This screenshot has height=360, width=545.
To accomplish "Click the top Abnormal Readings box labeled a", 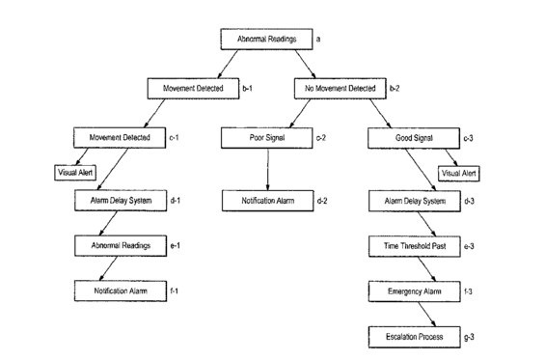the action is (266, 40).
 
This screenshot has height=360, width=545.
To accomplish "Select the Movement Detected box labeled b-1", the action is (193, 89).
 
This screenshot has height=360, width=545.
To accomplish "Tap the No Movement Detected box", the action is (341, 89).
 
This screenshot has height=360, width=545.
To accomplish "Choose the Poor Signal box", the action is (267, 138).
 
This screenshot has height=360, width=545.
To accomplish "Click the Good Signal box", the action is (414, 138).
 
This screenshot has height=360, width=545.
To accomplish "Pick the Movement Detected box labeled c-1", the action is (120, 138).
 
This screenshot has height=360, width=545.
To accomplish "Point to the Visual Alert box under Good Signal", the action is (459, 174).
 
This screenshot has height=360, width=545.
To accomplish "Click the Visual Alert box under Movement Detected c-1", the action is (75, 173).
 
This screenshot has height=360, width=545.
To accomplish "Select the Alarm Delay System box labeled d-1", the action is (121, 201).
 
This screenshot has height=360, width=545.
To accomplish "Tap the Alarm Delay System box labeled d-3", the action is (415, 202).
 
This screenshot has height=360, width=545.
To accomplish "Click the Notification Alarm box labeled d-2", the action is (268, 201).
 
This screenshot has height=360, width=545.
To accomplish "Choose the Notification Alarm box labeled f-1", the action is (121, 291).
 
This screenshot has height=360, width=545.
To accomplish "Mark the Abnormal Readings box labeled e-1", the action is (121, 246).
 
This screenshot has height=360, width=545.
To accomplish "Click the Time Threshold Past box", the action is (415, 247).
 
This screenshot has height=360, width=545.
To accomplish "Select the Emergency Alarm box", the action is (415, 291).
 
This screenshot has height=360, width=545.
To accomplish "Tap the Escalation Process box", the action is (415, 337).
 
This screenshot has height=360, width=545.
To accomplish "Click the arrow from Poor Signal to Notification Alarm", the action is (267, 170).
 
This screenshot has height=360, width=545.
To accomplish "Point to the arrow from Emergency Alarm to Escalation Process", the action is (426, 315).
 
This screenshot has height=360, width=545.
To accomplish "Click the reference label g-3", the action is (469, 337).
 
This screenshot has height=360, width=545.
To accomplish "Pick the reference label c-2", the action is (321, 138).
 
